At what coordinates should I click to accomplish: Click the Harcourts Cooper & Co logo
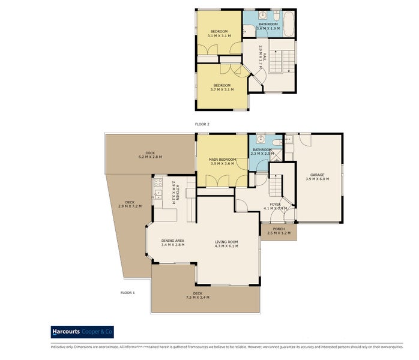(82, 332)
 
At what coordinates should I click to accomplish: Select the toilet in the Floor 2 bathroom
(276, 14)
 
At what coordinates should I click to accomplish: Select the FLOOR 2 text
(202, 124)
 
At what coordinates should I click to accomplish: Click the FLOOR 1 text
(127, 292)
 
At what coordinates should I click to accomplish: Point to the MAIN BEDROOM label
(223, 159)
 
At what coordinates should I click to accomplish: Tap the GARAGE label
(318, 175)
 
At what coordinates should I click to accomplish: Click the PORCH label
(279, 229)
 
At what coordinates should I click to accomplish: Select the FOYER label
(275, 205)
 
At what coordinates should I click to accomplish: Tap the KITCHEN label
(175, 190)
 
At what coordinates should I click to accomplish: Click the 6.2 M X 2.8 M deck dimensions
(150, 157)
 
